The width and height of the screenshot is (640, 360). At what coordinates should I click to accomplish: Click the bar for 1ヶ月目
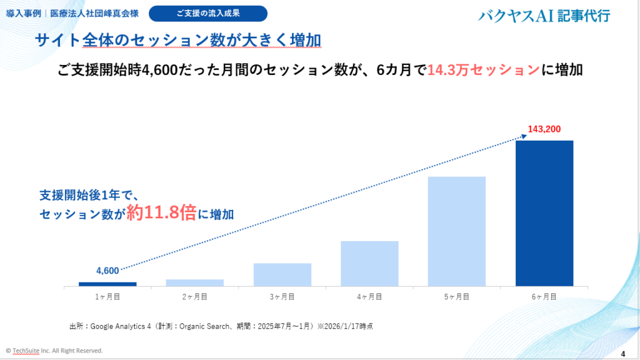point(107,284)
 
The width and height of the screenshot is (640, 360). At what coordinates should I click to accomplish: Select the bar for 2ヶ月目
point(195,282)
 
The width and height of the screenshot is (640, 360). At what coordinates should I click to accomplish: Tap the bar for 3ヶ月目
point(282,274)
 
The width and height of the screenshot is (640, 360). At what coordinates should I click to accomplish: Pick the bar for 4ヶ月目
point(369,263)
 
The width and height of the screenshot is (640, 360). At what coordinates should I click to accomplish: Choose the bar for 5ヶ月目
point(457,231)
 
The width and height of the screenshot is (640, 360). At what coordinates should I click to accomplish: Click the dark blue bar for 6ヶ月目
point(544,213)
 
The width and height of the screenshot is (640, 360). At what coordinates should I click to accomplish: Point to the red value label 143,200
point(544,129)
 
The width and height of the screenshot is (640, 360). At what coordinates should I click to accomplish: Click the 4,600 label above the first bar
point(107,271)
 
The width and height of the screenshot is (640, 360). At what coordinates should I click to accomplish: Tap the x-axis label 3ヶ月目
point(282,297)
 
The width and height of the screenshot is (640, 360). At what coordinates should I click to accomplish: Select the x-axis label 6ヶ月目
point(544,297)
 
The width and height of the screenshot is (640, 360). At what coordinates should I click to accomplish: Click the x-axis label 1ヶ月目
point(107,297)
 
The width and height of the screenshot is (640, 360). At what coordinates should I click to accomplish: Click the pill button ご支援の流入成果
point(208,13)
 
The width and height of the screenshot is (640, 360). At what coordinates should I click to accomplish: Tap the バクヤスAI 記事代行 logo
point(544,16)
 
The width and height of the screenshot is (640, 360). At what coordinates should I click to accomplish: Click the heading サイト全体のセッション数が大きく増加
point(178,41)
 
